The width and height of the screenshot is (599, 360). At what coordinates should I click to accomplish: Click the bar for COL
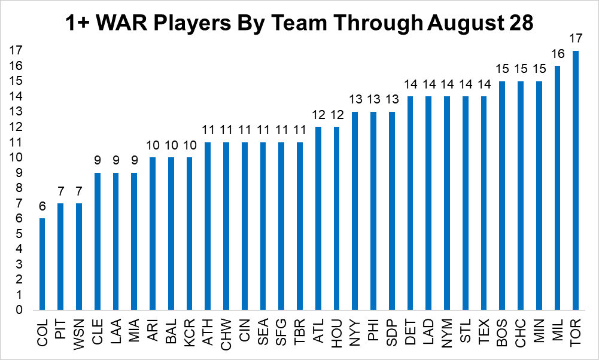[x=42, y=264]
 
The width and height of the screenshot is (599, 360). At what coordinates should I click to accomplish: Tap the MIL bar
[x=558, y=188]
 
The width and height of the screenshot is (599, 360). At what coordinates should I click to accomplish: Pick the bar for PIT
[x=60, y=257]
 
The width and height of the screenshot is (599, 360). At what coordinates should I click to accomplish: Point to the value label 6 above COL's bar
[x=42, y=208]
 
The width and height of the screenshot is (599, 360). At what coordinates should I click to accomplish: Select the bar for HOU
[x=336, y=219]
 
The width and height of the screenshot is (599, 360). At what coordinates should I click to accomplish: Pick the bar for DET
[x=411, y=203]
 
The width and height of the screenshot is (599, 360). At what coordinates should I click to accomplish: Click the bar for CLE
[x=98, y=242]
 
